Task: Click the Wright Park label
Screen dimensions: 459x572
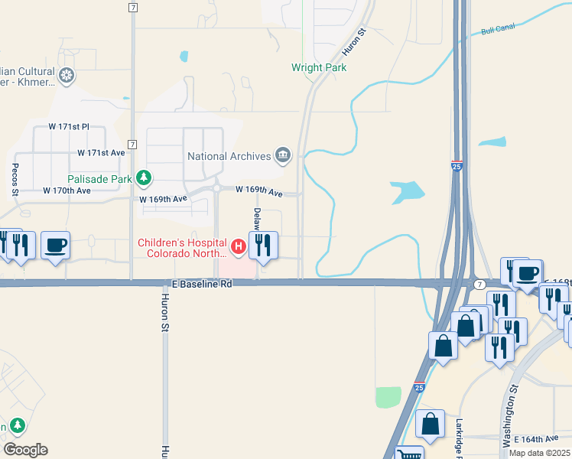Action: coord(319,67)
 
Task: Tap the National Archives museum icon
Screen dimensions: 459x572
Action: coord(283,156)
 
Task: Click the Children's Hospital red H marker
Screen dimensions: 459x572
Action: coord(238,246)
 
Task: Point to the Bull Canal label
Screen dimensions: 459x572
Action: coord(498,31)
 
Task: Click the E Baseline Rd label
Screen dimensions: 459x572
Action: coord(197,283)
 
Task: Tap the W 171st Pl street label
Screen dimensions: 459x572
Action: coord(70,126)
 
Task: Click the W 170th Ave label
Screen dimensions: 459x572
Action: coord(67,190)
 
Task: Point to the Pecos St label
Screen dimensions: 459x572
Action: coord(15,181)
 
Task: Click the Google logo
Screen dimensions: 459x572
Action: coord(25,449)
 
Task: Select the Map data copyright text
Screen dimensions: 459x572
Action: coord(539,453)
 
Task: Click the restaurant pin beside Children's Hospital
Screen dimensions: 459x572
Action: coord(262,246)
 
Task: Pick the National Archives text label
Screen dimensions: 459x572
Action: coord(229,156)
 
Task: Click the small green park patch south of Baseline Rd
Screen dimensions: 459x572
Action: coord(388,397)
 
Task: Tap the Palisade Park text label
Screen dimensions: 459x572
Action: coord(100,179)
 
